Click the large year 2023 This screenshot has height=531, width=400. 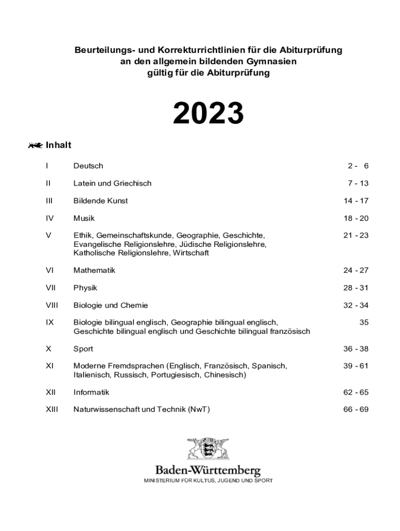coord(208,113)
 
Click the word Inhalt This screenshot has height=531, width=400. coord(58,145)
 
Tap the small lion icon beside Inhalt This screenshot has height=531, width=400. coord(35,145)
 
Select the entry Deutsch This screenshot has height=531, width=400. coord(88,166)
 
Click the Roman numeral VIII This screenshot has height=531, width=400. coord(51,305)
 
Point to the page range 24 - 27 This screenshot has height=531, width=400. coord(355,270)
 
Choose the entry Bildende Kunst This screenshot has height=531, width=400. coord(100,201)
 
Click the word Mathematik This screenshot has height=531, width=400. coord(94,270)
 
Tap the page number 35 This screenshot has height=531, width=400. coord(364,323)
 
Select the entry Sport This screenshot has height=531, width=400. coord(83,349)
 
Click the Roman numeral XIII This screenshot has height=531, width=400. coord(51,410)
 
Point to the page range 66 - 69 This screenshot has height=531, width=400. coord(355,410)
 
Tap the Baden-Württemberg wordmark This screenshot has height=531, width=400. coord(208,471)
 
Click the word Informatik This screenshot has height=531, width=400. coord(91,393)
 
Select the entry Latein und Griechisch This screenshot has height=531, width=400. coord(112,184)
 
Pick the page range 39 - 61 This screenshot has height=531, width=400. coord(355,366)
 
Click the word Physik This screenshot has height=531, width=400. coord(85,288)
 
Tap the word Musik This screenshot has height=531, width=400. coord(84,218)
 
